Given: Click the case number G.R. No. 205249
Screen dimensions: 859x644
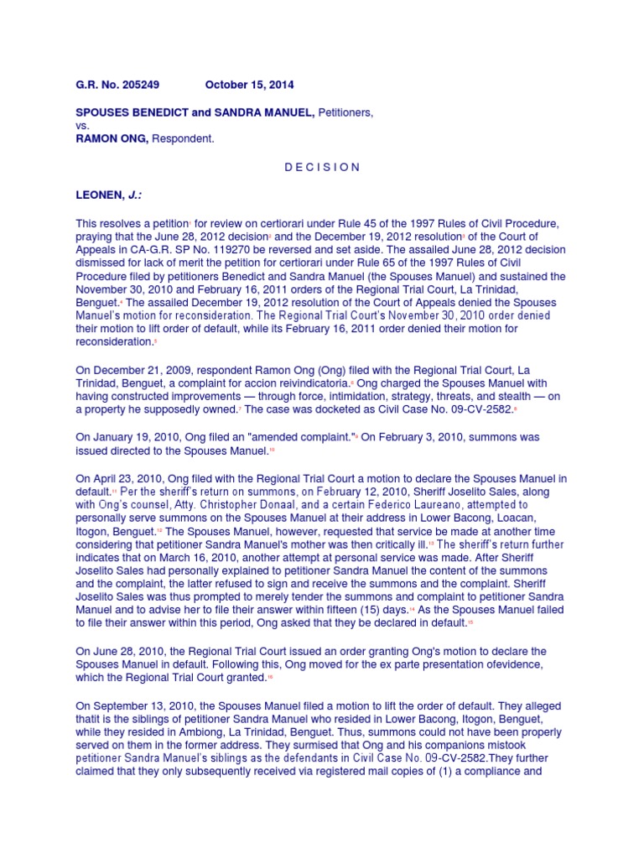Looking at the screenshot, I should [117, 85].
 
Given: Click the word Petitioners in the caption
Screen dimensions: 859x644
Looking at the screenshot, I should [342, 112].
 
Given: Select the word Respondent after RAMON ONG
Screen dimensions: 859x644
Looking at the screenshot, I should [183, 139].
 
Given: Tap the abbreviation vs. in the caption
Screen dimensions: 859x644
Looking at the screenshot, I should [83, 126].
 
